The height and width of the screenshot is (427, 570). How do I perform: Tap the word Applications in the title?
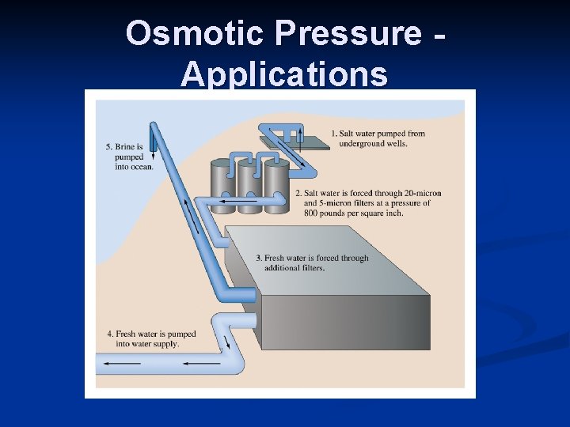pos(284,75)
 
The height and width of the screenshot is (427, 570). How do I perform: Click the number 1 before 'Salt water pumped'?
pos(333,133)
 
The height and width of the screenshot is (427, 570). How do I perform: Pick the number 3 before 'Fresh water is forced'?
pos(259,259)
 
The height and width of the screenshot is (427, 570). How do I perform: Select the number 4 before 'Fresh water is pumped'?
pos(110,334)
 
